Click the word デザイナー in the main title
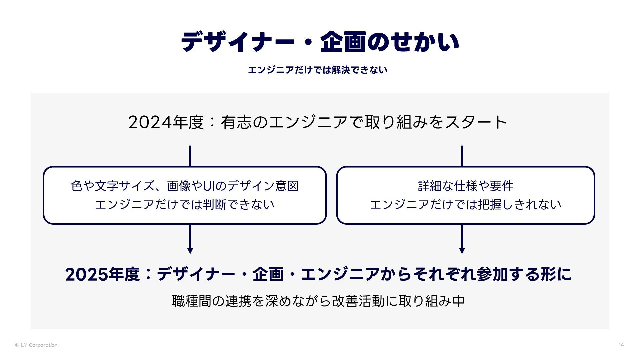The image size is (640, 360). [x=238, y=42]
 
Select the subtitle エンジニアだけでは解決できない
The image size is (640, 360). [x=317, y=70]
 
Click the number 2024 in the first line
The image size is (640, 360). [x=146, y=122]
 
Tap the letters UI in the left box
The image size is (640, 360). [x=209, y=186]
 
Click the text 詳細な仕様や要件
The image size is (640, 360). [x=466, y=186]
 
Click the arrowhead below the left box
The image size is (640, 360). [x=190, y=251]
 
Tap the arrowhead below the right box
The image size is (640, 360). [x=462, y=251]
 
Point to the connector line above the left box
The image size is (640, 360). [x=190, y=156]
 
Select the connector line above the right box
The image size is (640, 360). [x=462, y=156]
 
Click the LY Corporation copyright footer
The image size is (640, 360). [x=36, y=345]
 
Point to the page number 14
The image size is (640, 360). [x=621, y=345]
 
